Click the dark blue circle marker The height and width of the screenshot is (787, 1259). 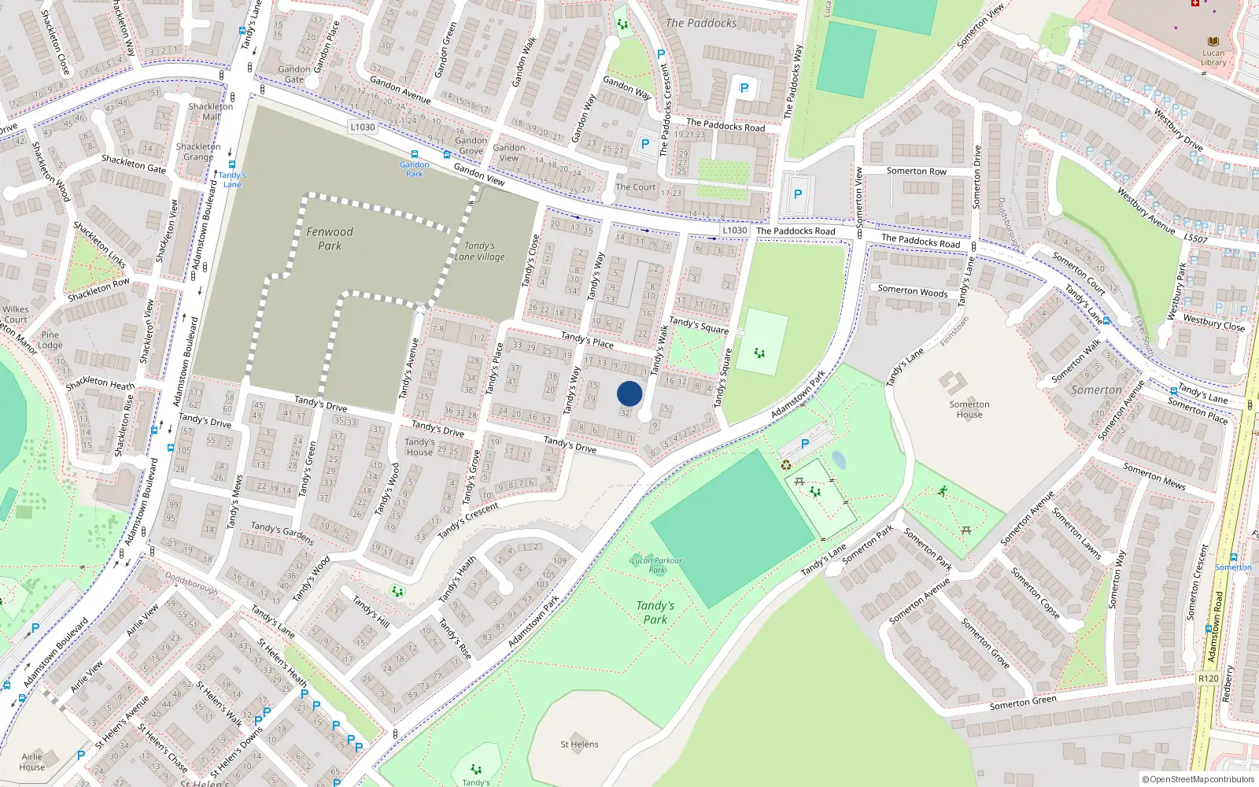pyautogui.click(x=629, y=393)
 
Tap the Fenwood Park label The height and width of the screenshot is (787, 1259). pyautogui.click(x=330, y=238)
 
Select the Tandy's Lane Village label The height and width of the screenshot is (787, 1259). pyautogui.click(x=479, y=251)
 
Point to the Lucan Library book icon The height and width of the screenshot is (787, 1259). pyautogui.click(x=1213, y=42)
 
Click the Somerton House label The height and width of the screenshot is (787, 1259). pyautogui.click(x=969, y=409)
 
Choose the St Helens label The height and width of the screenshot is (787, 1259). pyautogui.click(x=579, y=744)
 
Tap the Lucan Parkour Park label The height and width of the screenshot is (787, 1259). pyautogui.click(x=656, y=565)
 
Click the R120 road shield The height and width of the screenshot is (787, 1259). pyautogui.click(x=1208, y=678)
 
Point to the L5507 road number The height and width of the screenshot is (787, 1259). pyautogui.click(x=1195, y=238)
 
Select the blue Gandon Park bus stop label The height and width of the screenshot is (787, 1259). pyautogui.click(x=414, y=168)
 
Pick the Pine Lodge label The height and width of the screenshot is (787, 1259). pyautogui.click(x=50, y=340)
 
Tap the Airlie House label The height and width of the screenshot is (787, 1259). pyautogui.click(x=32, y=762)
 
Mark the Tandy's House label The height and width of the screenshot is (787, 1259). pyautogui.click(x=419, y=447)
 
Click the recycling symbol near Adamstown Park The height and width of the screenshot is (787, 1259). pyautogui.click(x=785, y=465)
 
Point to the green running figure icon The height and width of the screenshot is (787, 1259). pyautogui.click(x=943, y=491)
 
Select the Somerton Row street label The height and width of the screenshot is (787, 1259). pyautogui.click(x=916, y=171)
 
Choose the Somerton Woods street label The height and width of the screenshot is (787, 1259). pyautogui.click(x=913, y=290)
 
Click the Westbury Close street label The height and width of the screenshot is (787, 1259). pyautogui.click(x=1214, y=323)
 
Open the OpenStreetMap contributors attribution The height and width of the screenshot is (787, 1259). pyautogui.click(x=1197, y=780)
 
